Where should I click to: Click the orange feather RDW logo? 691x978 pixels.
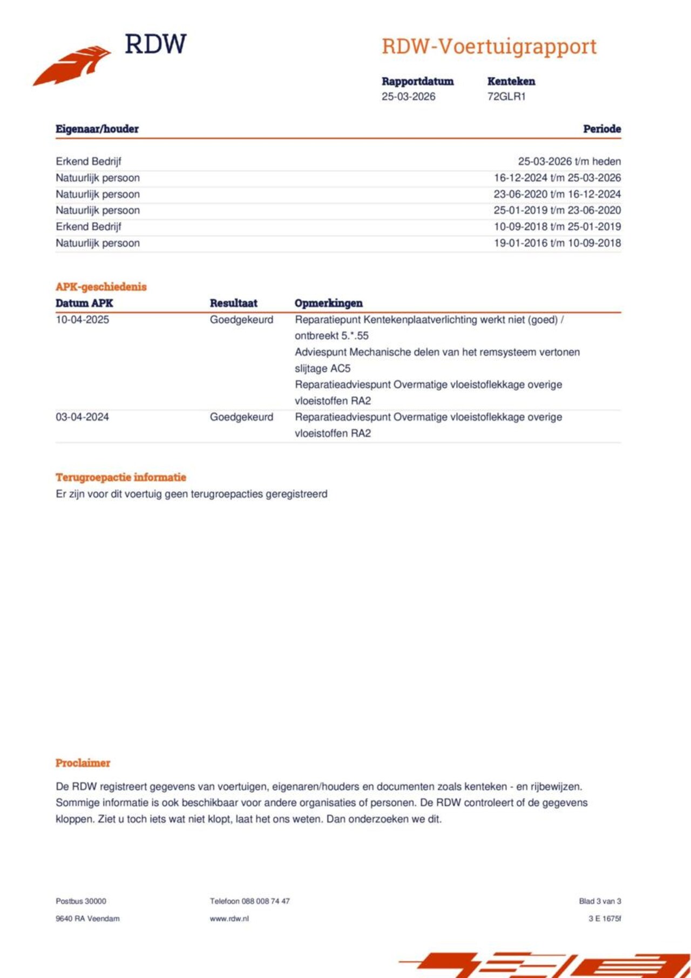[x=72, y=65]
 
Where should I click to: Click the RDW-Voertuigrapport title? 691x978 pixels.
[x=489, y=47]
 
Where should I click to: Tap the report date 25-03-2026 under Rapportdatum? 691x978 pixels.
[x=408, y=97]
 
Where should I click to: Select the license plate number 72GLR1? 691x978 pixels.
[x=506, y=97]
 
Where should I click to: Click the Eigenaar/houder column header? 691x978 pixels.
[x=97, y=129]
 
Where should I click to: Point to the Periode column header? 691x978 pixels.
[x=601, y=129]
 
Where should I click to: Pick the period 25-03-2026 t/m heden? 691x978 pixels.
[x=569, y=161]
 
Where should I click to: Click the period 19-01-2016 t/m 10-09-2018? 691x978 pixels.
[x=557, y=243]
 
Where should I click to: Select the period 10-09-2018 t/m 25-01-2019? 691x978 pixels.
[x=557, y=227]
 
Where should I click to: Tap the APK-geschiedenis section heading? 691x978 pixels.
[x=101, y=287]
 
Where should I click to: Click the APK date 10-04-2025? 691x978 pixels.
[x=82, y=320]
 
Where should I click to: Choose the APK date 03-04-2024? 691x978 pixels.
[x=82, y=417]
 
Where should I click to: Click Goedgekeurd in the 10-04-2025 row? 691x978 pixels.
[x=241, y=320]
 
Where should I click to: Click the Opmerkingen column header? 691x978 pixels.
[x=328, y=303]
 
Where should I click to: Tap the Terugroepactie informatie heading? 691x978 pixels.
[x=120, y=477]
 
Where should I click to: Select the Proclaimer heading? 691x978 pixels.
[x=83, y=763]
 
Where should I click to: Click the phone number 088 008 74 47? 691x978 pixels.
[x=266, y=901]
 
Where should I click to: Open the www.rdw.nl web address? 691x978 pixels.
[x=229, y=919]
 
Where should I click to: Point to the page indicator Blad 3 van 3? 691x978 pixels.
[x=600, y=901]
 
